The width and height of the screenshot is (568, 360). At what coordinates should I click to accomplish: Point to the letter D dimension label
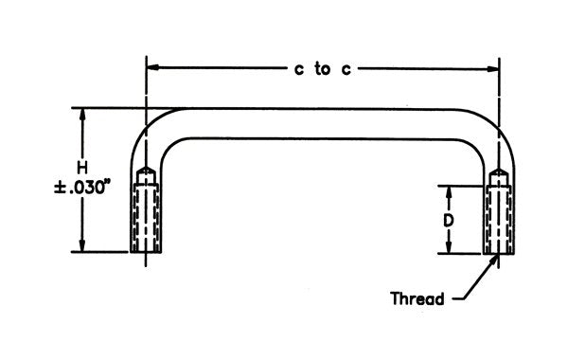pyautogui.click(x=451, y=220)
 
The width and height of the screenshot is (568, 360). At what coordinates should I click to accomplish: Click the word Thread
pyautogui.click(x=417, y=299)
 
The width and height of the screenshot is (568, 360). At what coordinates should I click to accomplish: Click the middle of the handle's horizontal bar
pyautogui.click(x=322, y=125)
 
